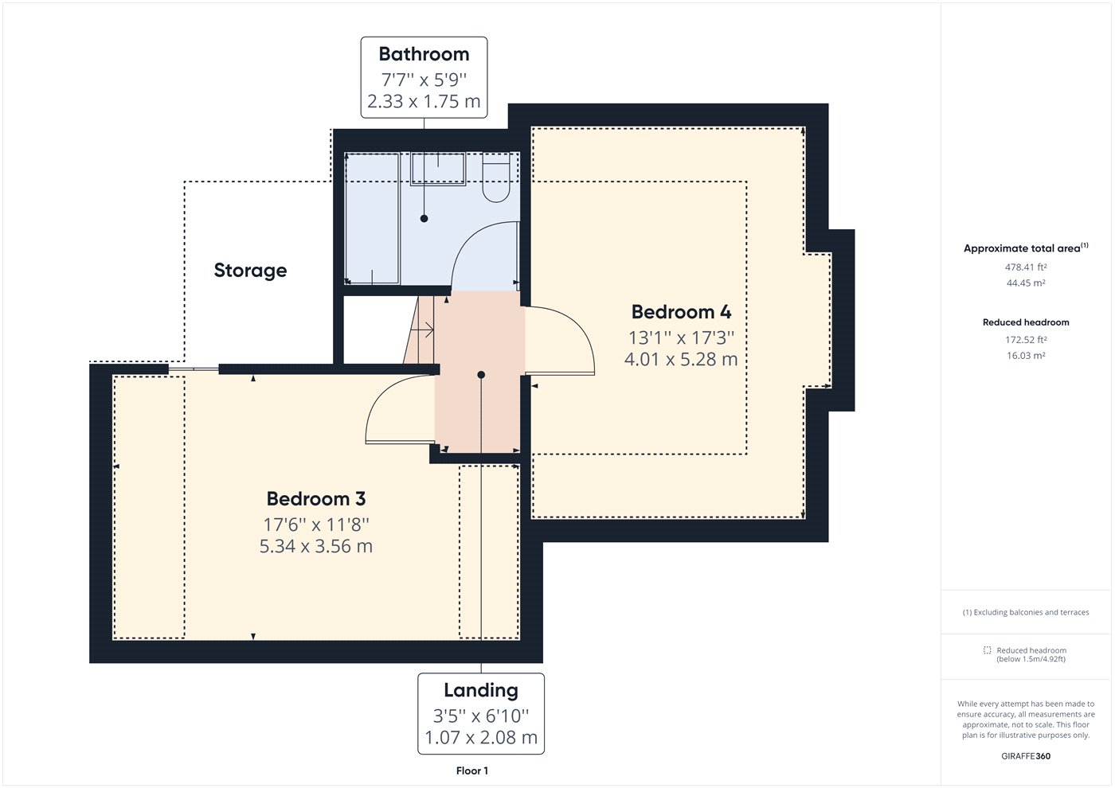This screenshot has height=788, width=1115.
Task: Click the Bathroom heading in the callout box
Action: click(x=424, y=54)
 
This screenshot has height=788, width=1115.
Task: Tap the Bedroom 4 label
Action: click(x=681, y=312)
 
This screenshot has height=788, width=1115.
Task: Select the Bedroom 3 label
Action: click(x=316, y=498)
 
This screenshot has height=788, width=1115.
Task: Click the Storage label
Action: click(x=250, y=271)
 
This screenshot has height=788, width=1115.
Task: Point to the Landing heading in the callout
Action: click(x=481, y=691)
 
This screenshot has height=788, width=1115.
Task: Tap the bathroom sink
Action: click(x=437, y=169)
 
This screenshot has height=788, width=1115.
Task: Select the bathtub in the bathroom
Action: click(x=373, y=219)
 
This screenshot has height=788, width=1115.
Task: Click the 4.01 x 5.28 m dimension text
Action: click(x=681, y=359)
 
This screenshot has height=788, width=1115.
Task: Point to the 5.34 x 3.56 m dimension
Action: click(x=316, y=546)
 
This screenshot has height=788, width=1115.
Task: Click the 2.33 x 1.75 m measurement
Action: click(x=424, y=102)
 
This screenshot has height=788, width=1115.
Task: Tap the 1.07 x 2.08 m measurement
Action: click(x=481, y=737)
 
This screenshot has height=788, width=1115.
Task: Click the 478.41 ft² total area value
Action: click(x=1026, y=267)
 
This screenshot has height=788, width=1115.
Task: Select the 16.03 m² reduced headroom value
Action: click(x=1026, y=356)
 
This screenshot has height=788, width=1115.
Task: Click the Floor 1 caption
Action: click(x=471, y=770)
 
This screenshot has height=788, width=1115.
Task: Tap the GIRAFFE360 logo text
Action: click(x=1026, y=756)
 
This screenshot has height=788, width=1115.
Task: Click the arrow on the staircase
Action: click(x=427, y=330)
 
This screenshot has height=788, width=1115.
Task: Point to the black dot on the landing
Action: click(x=481, y=375)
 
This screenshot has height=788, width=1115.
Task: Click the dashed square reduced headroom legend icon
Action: click(x=987, y=650)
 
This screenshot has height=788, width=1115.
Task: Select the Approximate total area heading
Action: click(x=1026, y=248)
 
